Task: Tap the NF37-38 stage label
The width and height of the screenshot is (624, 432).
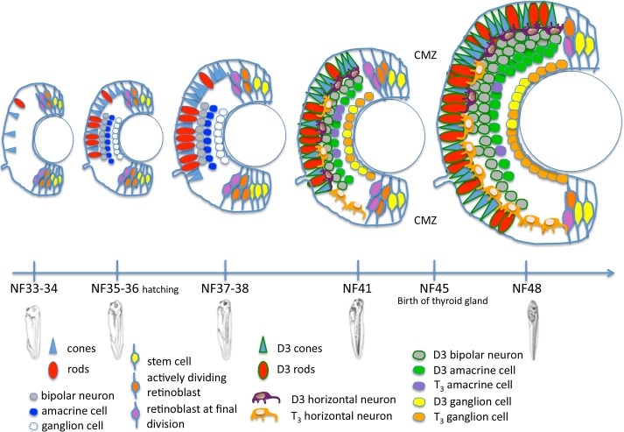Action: coord(226,288)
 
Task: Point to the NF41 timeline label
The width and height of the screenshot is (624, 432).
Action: coord(357,288)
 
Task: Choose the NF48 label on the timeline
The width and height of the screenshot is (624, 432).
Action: coord(525,288)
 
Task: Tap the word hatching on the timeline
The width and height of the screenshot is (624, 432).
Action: coord(168,290)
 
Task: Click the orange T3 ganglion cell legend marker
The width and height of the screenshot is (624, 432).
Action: coord(417,415)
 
